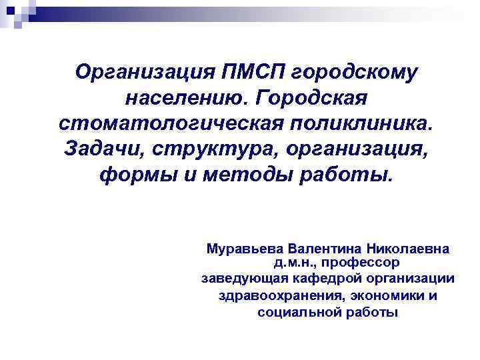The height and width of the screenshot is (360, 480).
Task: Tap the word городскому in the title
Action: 351,72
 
